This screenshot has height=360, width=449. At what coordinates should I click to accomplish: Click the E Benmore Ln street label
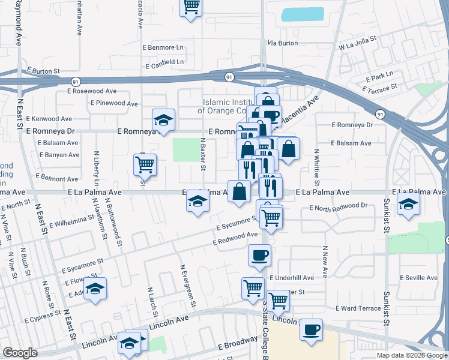pos(163,47)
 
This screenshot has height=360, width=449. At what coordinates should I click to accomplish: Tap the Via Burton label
pos(283,43)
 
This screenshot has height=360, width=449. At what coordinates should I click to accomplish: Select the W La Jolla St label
pos(357,45)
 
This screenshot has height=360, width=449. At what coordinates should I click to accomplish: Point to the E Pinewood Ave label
pos(116,103)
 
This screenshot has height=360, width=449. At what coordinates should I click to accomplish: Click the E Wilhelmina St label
pos(77,223)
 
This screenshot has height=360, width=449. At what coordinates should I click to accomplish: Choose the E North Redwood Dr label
pos(339,206)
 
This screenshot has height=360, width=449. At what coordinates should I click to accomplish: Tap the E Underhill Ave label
pos(292,278)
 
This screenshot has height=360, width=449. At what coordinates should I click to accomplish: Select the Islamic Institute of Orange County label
pos(229,106)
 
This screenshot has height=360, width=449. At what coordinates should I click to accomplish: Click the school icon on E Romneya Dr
pos(163,120)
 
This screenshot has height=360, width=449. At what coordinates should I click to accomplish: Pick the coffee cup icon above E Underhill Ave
pos(259,254)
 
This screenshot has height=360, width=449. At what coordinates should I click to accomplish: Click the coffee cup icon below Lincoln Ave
pos(311,329)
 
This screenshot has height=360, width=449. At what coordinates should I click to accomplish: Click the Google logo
pos(20,353)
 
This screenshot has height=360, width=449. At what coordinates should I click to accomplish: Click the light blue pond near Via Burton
pos(302,14)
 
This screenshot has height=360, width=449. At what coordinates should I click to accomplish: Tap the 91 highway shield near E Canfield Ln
pos(229,77)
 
